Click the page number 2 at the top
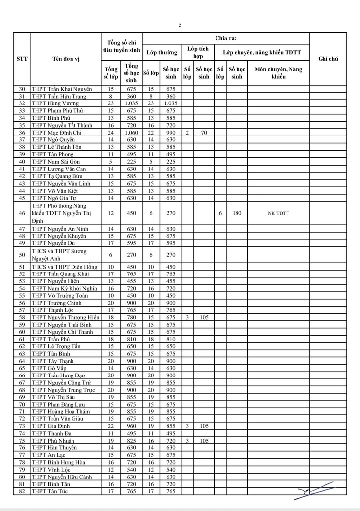[x=180, y=25]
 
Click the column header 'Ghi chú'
[x=328, y=59]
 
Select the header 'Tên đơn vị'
[x=66, y=59]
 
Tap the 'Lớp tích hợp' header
[x=198, y=52]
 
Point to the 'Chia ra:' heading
[x=225, y=38]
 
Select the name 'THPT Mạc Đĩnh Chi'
[x=56, y=133]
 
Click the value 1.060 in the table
[x=131, y=133]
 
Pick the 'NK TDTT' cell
[x=279, y=213]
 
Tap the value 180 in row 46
[x=237, y=213]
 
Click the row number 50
[x=22, y=255]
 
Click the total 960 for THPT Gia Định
[x=131, y=426]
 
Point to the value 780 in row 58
[x=131, y=317]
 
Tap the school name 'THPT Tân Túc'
[x=50, y=491]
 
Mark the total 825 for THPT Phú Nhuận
[x=131, y=441]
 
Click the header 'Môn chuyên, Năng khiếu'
[x=279, y=73]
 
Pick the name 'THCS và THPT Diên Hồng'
[x=64, y=267]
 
